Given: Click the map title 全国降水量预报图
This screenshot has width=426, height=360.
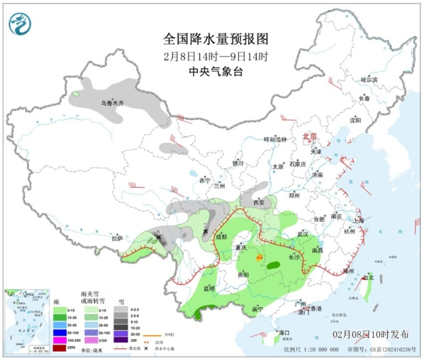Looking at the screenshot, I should [216, 40].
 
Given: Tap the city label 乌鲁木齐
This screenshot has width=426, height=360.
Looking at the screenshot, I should [112, 103].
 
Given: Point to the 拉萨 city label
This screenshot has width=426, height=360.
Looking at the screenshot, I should [117, 238].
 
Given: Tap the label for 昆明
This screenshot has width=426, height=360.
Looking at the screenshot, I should [209, 289].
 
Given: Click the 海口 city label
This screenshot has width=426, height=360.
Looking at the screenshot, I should [284, 332].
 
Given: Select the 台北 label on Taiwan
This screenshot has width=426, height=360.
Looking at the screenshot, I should [369, 277].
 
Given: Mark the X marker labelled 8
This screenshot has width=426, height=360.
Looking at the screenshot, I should [158, 237].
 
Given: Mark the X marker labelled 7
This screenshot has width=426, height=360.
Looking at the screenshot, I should [205, 231].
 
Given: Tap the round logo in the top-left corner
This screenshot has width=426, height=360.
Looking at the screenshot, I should [20, 23].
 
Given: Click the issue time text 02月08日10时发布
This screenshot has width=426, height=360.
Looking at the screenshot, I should [370, 334].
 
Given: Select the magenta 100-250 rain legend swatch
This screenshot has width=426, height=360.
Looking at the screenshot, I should [59, 340].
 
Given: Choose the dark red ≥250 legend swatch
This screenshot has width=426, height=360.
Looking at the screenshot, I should [59, 348].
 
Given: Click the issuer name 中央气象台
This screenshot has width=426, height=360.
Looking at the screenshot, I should [216, 71].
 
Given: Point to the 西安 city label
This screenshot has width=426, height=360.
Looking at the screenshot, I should [259, 203].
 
